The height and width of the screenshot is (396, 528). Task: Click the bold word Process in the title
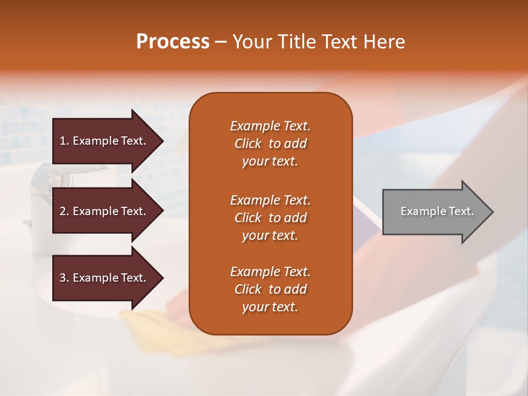tap(173, 42)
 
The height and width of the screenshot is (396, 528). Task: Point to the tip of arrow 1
tap(162, 141)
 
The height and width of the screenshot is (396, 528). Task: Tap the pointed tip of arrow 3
tap(162, 278)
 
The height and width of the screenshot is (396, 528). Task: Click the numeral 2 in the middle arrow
tap(63, 211)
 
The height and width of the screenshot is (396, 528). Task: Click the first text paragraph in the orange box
tap(270, 144)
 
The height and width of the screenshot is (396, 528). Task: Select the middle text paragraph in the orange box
tap(270, 218)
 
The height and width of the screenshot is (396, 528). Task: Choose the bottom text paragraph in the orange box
tap(270, 289)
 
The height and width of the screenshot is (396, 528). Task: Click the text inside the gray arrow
tap(437, 211)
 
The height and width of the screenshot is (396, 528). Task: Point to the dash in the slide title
tap(221, 42)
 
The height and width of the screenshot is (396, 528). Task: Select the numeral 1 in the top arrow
tap(63, 141)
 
